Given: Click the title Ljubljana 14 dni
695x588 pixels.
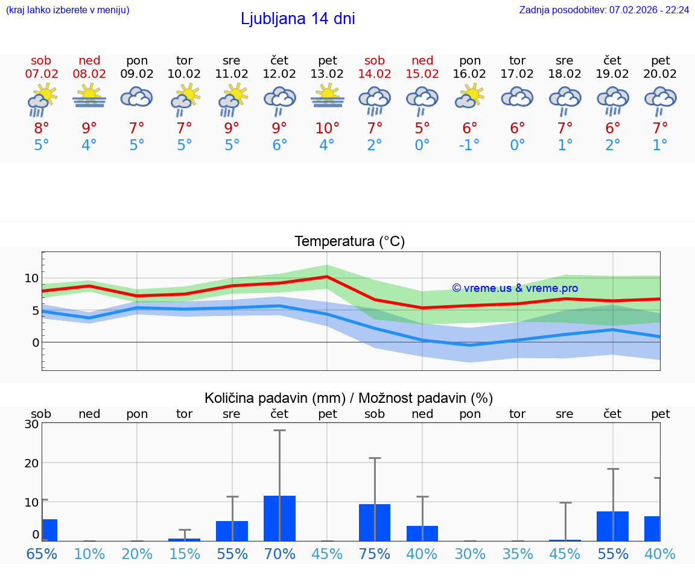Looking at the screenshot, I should tap(297, 19).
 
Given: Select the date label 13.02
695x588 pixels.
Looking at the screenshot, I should tap(327, 74).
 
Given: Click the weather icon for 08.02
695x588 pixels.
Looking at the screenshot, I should tap(89, 96).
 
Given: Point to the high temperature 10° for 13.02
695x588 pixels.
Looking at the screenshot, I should tap(327, 128).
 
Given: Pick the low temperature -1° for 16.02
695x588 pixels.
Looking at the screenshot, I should tap(469, 145).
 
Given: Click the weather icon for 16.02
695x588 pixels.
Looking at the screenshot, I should tap(470, 96).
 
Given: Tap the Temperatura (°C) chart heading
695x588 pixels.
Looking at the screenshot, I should tap(349, 241).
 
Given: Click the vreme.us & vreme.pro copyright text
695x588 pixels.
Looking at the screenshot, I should tap(515, 288).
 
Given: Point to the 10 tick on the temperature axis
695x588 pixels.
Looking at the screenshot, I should tap(31, 278).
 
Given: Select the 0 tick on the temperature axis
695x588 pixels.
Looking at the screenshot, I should tap(36, 343).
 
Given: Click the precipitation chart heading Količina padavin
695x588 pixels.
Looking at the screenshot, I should tap(349, 398).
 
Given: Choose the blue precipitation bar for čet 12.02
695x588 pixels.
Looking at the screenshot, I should tap(279, 518).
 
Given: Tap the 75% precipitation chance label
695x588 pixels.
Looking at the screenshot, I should tap(375, 554).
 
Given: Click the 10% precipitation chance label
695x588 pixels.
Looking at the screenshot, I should tap(89, 554).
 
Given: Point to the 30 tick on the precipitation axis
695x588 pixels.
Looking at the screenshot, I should tap(31, 424).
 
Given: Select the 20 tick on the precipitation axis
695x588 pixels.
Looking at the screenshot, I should tap(31, 463).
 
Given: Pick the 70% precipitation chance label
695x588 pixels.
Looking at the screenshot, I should tap(279, 554).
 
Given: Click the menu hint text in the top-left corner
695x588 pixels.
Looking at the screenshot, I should tap(68, 10).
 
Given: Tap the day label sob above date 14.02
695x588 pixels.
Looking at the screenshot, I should tap(375, 60).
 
